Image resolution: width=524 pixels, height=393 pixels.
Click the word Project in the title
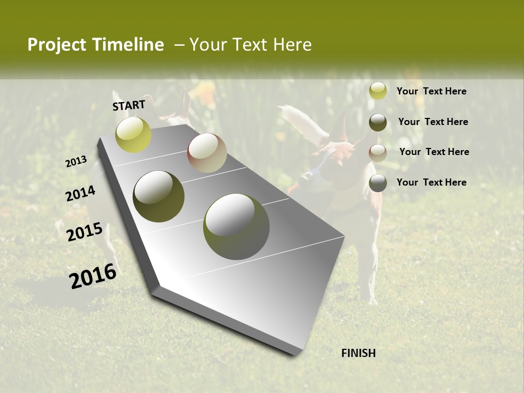tap(56, 45)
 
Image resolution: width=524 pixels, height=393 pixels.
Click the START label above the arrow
tap(129, 105)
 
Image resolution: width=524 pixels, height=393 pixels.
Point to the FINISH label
tap(359, 353)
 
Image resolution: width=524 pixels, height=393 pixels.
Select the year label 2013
tap(76, 162)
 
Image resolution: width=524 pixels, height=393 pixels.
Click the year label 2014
tap(81, 193)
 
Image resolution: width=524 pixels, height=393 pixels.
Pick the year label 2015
tap(85, 232)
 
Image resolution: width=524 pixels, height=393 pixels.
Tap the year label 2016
tap(93, 276)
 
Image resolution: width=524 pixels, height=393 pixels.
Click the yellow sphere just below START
tap(133, 134)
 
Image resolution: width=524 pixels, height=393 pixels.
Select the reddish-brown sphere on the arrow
tap(207, 153)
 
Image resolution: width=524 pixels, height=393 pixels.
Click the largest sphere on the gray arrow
tap(236, 227)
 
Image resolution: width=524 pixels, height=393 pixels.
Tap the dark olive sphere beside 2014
tap(158, 196)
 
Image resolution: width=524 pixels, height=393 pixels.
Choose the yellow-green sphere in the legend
tap(378, 91)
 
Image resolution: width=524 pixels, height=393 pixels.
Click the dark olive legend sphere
tap(378, 122)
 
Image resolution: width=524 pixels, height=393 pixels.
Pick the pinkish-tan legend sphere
tap(378, 152)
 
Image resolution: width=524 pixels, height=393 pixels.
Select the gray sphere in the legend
tap(378, 183)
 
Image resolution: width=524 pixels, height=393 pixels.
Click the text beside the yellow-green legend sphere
tap(432, 92)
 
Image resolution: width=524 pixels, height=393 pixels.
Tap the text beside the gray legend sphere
tap(432, 182)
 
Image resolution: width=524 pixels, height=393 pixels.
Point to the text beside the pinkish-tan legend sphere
tap(434, 152)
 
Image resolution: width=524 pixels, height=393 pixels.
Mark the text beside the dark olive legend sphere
tap(433, 122)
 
